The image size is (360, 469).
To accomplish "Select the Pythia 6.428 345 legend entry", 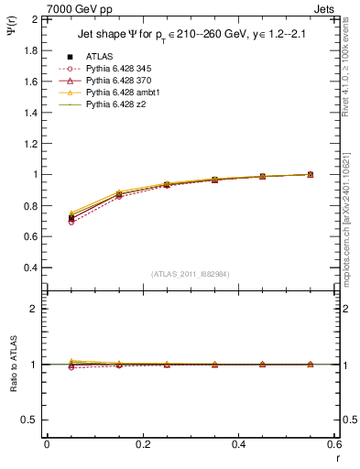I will (x=120, y=69).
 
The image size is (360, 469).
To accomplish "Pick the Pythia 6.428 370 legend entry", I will (x=120, y=81).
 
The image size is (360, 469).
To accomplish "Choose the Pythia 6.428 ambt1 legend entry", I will (x=123, y=93).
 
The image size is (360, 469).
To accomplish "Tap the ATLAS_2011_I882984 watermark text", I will (x=190, y=274).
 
